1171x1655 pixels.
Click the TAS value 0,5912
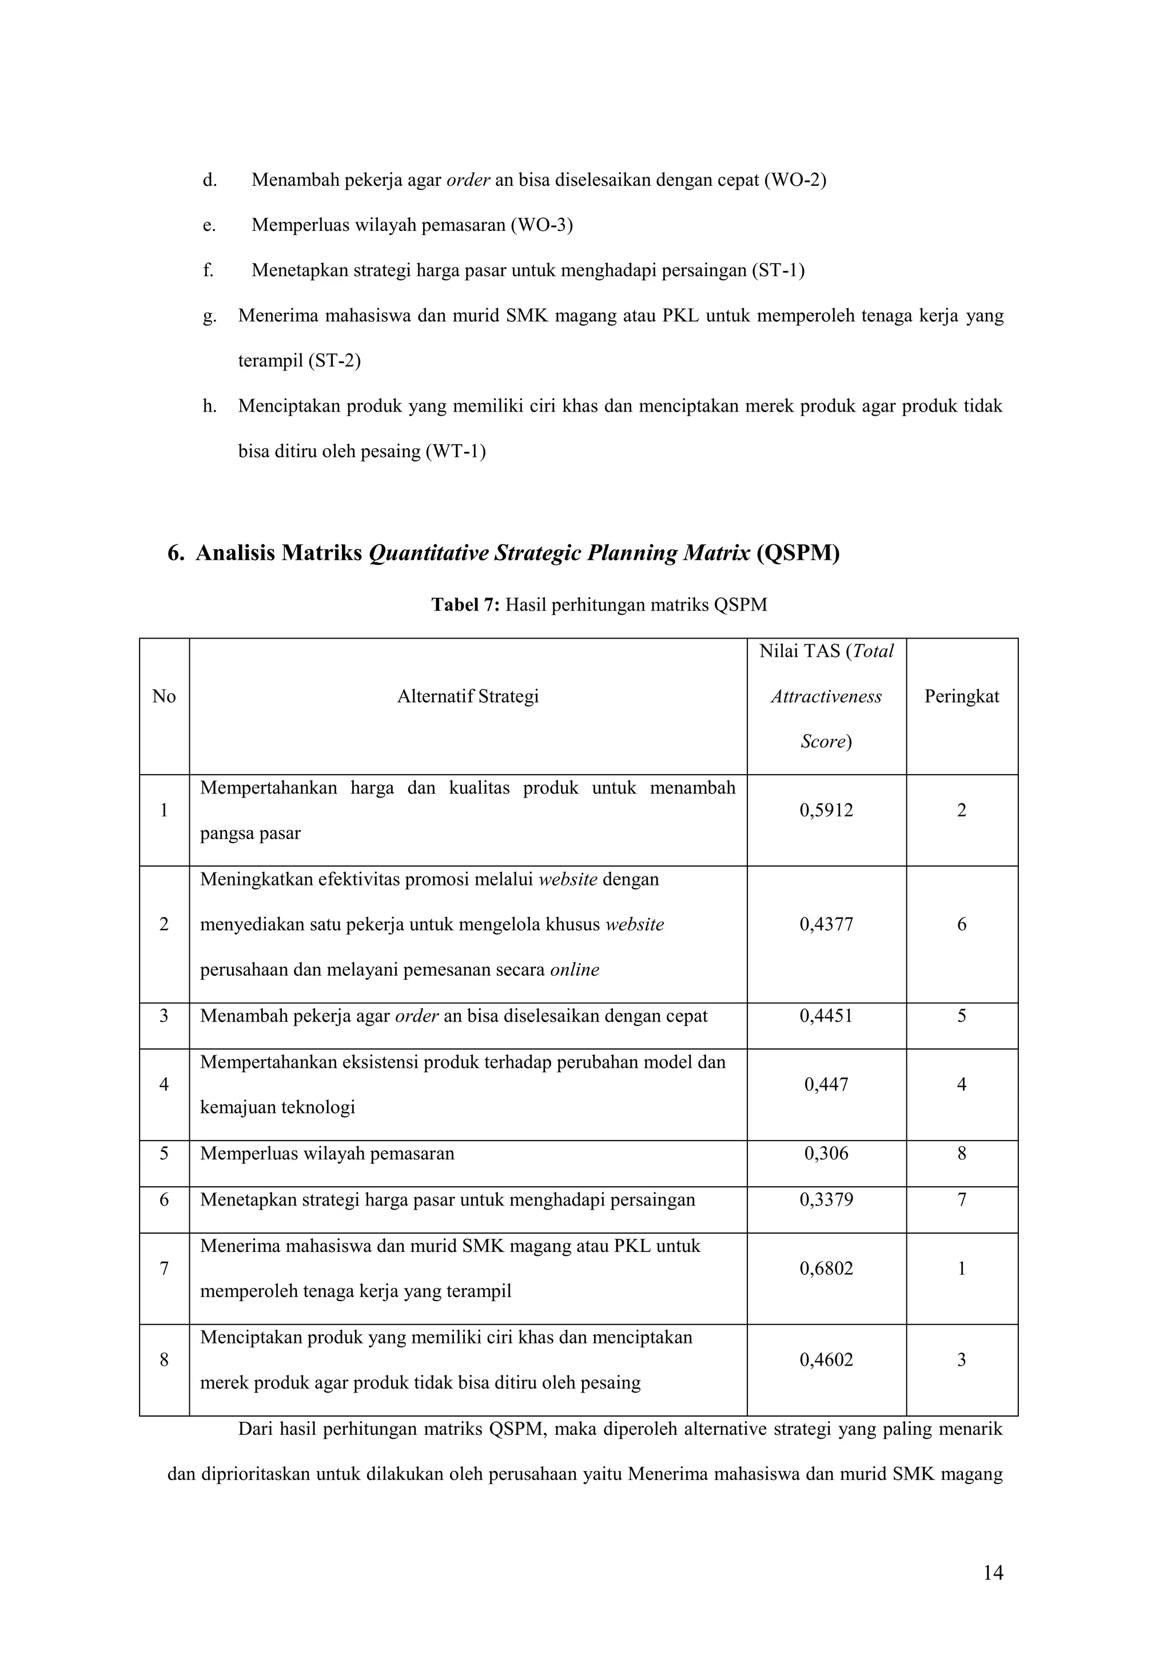point(826,810)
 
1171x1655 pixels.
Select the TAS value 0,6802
point(826,1269)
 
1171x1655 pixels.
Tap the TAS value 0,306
point(826,1153)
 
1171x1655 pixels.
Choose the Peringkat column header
point(961,696)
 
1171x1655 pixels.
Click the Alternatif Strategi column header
point(468,696)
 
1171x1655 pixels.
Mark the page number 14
point(993,1573)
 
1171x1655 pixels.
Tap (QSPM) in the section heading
point(798,553)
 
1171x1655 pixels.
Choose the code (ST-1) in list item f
point(777,270)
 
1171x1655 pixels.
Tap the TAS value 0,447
point(826,1084)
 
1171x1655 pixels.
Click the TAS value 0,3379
point(826,1199)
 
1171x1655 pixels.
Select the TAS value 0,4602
point(826,1359)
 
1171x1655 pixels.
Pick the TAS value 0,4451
point(826,1016)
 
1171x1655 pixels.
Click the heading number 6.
point(175,553)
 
